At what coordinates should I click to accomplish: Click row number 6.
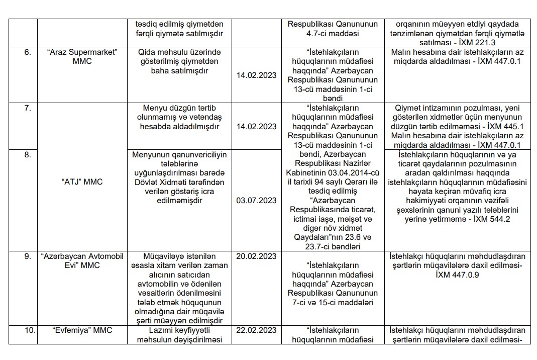(27, 53)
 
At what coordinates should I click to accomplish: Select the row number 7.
(27, 108)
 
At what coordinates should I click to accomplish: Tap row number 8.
(27, 155)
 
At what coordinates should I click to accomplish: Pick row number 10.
(30, 330)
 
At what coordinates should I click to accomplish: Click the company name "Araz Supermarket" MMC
(82, 57)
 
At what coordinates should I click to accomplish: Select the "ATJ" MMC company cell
(82, 182)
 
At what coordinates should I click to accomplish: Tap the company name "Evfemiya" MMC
(82, 330)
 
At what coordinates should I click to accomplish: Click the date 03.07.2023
(256, 201)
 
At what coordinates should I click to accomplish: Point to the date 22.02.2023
(256, 330)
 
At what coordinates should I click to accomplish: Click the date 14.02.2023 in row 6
(256, 75)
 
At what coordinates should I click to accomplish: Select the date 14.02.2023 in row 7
(256, 127)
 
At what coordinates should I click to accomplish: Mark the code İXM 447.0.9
(456, 275)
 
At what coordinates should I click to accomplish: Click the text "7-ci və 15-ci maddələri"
(332, 303)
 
